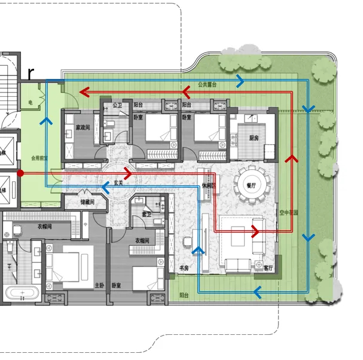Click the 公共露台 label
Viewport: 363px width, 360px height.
(207, 86)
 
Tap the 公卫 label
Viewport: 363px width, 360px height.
(117, 105)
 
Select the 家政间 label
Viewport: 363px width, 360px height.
(83, 127)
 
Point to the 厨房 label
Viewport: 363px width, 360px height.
(254, 138)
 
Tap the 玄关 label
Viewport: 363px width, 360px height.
(118, 182)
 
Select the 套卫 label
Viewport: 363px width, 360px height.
(146, 213)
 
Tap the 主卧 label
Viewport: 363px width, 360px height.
(99, 285)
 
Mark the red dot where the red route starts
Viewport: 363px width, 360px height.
(20, 173)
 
